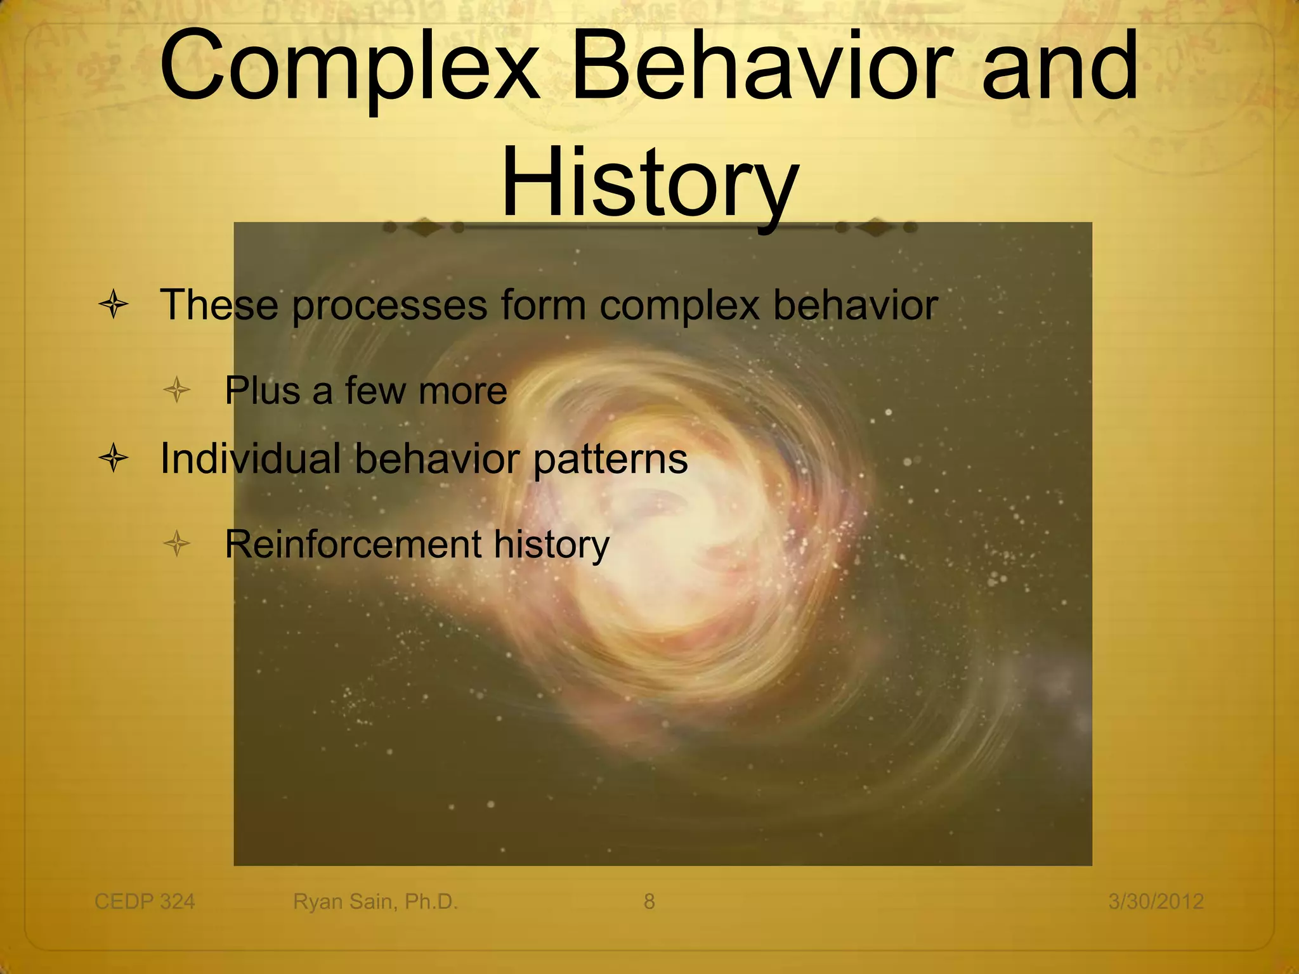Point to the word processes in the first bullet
click(x=389, y=306)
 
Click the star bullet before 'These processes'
click(x=114, y=304)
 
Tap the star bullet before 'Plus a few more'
click(x=177, y=390)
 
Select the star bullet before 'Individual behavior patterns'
click(x=114, y=458)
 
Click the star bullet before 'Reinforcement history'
click(x=177, y=543)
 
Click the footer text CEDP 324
click(x=145, y=901)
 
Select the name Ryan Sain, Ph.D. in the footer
click(x=375, y=901)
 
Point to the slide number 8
click(x=649, y=901)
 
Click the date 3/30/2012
click(x=1156, y=901)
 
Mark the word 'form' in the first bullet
click(x=543, y=305)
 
